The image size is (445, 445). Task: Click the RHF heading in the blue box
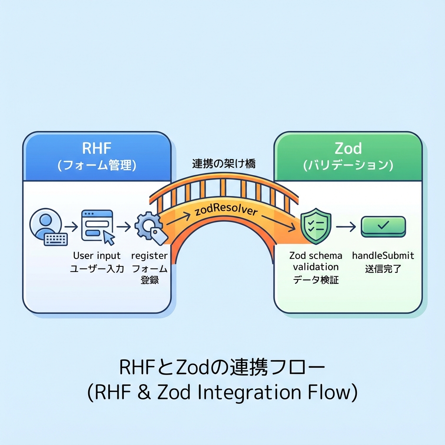(96, 148)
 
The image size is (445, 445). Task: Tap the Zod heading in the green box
(348, 148)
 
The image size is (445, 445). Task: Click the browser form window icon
(98, 226)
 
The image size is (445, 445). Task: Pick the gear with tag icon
(150, 227)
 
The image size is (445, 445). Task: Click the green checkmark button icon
(383, 226)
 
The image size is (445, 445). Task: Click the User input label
(96, 256)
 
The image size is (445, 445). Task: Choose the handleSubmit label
(383, 256)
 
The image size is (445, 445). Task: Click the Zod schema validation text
(315, 261)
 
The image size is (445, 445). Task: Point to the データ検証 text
(315, 280)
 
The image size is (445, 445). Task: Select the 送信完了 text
(383, 269)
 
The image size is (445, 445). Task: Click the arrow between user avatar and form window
(71, 226)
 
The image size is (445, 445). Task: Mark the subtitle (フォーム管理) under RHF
(96, 165)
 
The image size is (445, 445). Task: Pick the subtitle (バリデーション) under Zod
(348, 165)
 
